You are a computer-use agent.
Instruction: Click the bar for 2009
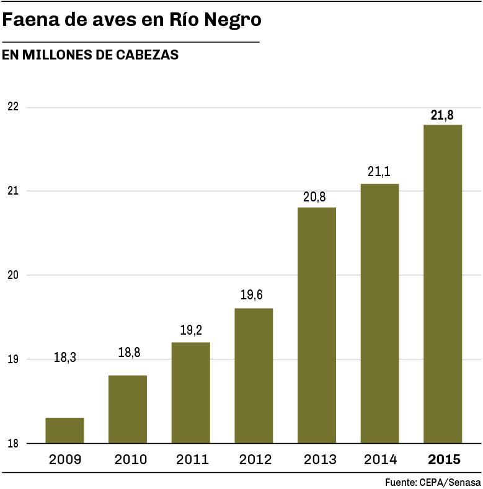tap(64, 430)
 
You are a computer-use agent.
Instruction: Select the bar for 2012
tap(253, 376)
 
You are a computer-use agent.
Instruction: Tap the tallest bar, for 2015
tap(442, 284)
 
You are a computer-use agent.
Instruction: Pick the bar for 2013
tap(316, 325)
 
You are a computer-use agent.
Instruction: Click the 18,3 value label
tap(64, 358)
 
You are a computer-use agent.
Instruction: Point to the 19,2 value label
tap(191, 331)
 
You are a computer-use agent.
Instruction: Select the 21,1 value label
tap(379, 172)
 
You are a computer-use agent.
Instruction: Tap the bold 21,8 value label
tap(442, 114)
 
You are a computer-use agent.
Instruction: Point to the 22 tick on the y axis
tap(13, 107)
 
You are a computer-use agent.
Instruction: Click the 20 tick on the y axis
tap(13, 275)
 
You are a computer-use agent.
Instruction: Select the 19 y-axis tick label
tap(13, 359)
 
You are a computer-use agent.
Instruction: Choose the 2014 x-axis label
tap(380, 460)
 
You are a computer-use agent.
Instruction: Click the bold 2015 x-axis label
tap(443, 460)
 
